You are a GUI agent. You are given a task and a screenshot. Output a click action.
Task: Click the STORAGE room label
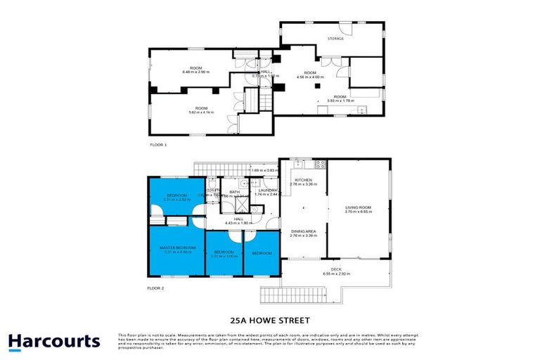pyautogui.click(x=336, y=39)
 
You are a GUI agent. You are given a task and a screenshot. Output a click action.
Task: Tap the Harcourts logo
pyautogui.click(x=54, y=342)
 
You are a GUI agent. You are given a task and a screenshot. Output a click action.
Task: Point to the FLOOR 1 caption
pyautogui.click(x=158, y=144)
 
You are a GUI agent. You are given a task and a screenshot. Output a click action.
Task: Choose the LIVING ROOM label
pyautogui.click(x=358, y=207)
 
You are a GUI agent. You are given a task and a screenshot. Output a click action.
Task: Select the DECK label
pyautogui.click(x=336, y=269)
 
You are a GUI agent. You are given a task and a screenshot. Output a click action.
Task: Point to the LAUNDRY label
pyautogui.click(x=266, y=190)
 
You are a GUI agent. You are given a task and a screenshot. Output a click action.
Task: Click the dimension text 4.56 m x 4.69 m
pyautogui.click(x=310, y=77)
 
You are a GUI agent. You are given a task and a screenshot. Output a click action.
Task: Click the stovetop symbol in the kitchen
pyautogui.click(x=321, y=165)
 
